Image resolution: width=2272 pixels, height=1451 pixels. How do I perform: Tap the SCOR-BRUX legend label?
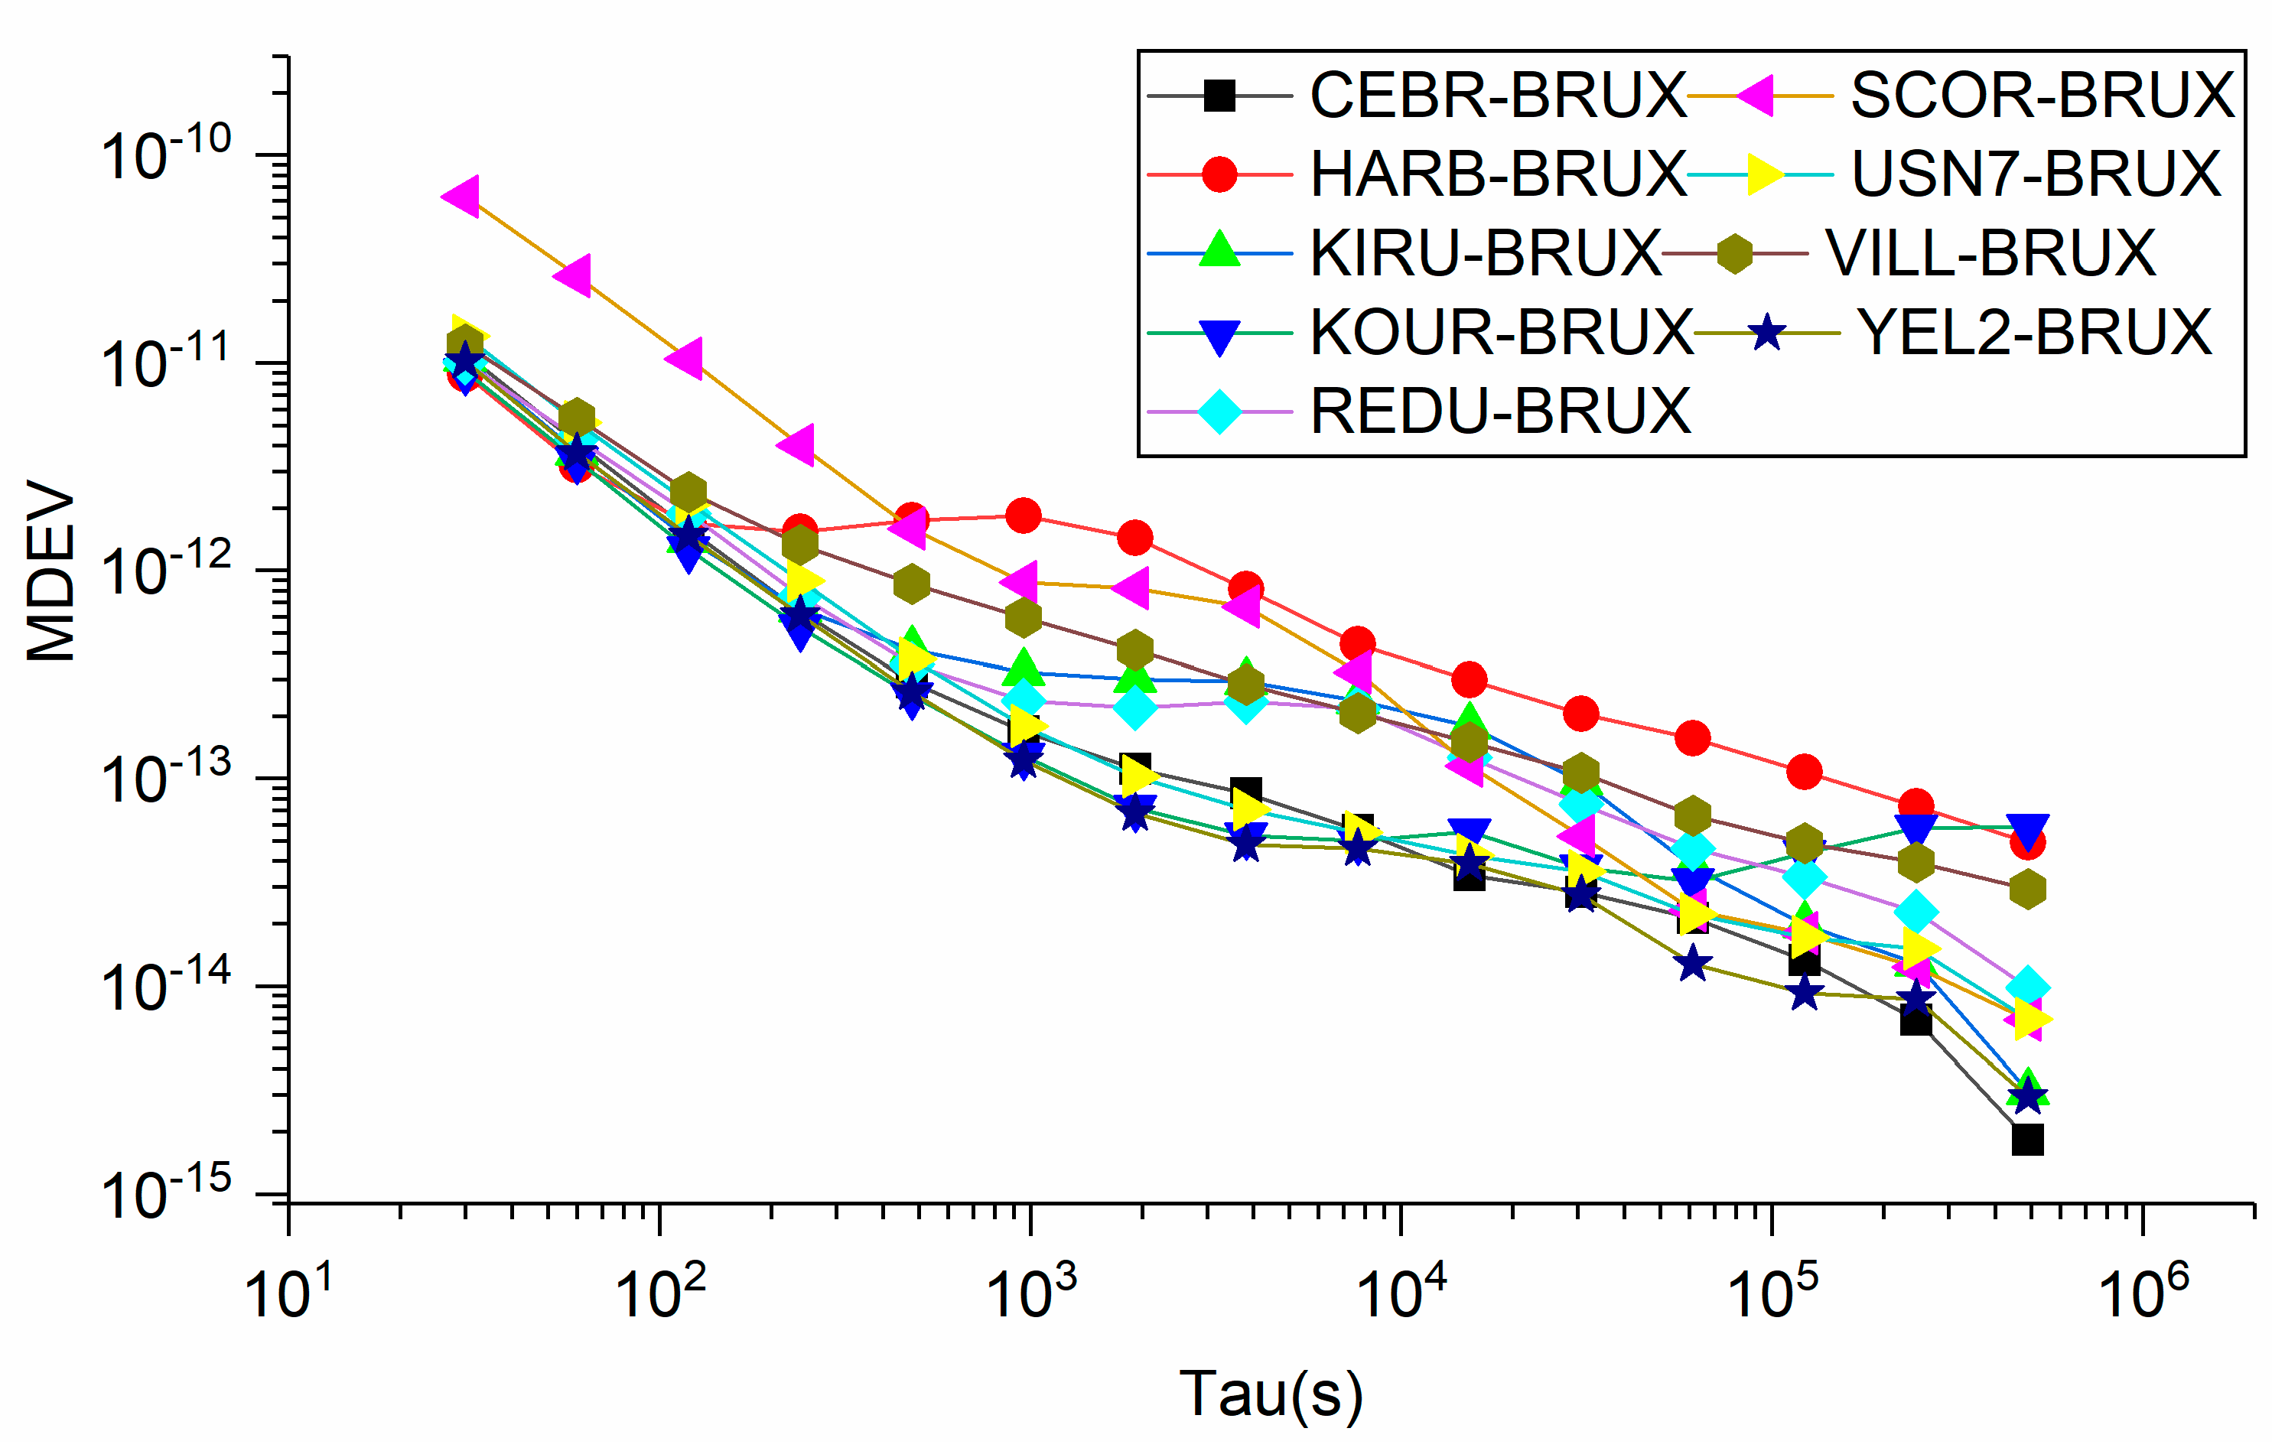pos(2042,96)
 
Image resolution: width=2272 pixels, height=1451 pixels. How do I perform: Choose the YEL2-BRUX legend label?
pos(2034,333)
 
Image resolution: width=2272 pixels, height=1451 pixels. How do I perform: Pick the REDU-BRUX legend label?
pos(1500,412)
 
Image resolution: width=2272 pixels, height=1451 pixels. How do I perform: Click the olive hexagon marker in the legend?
pos(1734,254)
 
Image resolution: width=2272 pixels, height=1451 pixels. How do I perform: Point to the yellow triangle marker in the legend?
pos(1763,174)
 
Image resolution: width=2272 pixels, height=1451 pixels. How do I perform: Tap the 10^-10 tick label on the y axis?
pos(165,154)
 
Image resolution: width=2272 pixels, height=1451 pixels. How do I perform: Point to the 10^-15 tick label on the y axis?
pos(165,1196)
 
